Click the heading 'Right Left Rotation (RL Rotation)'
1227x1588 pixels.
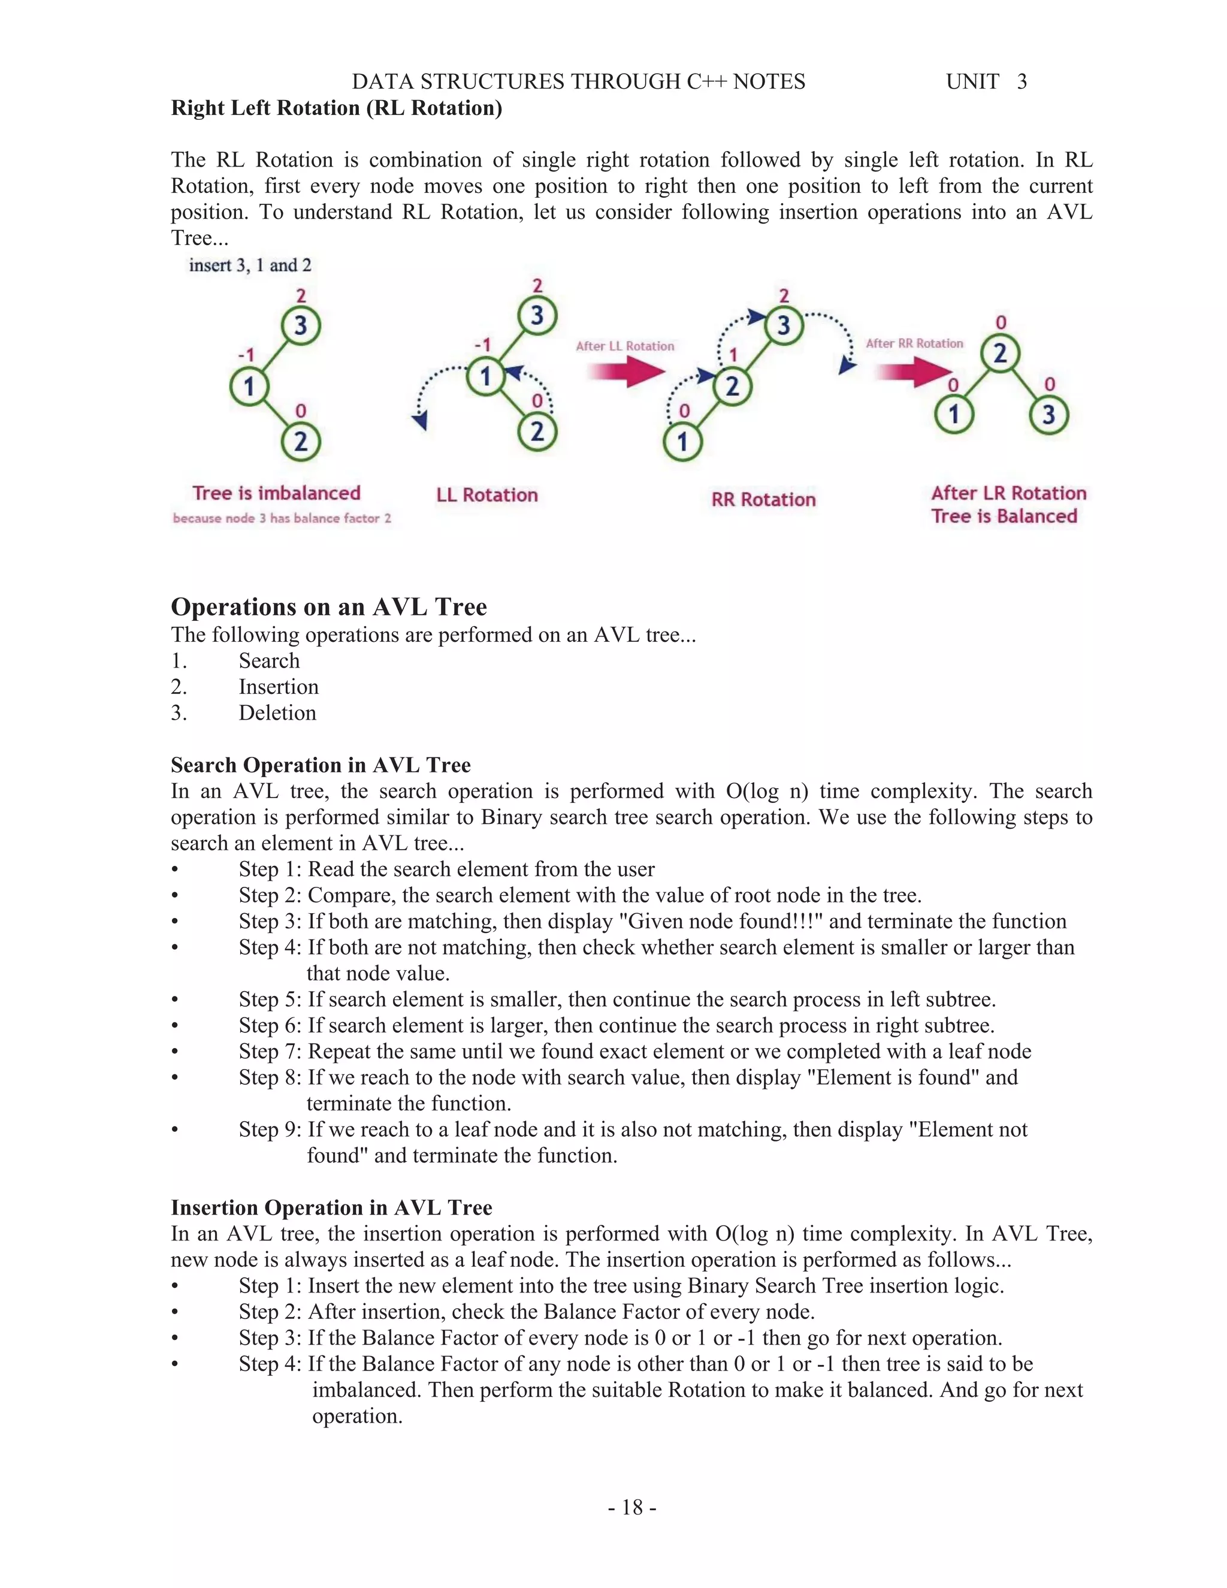tap(336, 108)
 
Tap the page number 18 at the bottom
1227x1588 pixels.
tap(631, 1507)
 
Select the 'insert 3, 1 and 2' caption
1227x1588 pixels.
tap(250, 265)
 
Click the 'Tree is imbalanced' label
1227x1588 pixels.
tap(276, 493)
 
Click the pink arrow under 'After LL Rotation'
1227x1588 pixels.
tap(625, 372)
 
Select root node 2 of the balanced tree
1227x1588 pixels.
tap(1000, 354)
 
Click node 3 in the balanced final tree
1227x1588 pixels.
tap(1048, 415)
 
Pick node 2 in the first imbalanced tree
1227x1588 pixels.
tap(300, 442)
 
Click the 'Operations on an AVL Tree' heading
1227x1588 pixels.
tap(328, 606)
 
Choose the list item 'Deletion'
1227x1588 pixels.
tap(277, 713)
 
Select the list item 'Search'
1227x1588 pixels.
tap(269, 661)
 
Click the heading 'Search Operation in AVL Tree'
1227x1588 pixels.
tap(321, 765)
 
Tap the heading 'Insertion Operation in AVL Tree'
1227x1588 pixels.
tap(331, 1207)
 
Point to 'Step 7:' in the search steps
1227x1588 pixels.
tap(270, 1052)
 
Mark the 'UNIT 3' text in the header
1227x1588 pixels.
tap(986, 81)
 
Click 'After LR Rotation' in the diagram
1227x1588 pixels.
tap(1008, 493)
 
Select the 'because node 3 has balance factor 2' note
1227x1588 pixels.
tap(282, 518)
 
